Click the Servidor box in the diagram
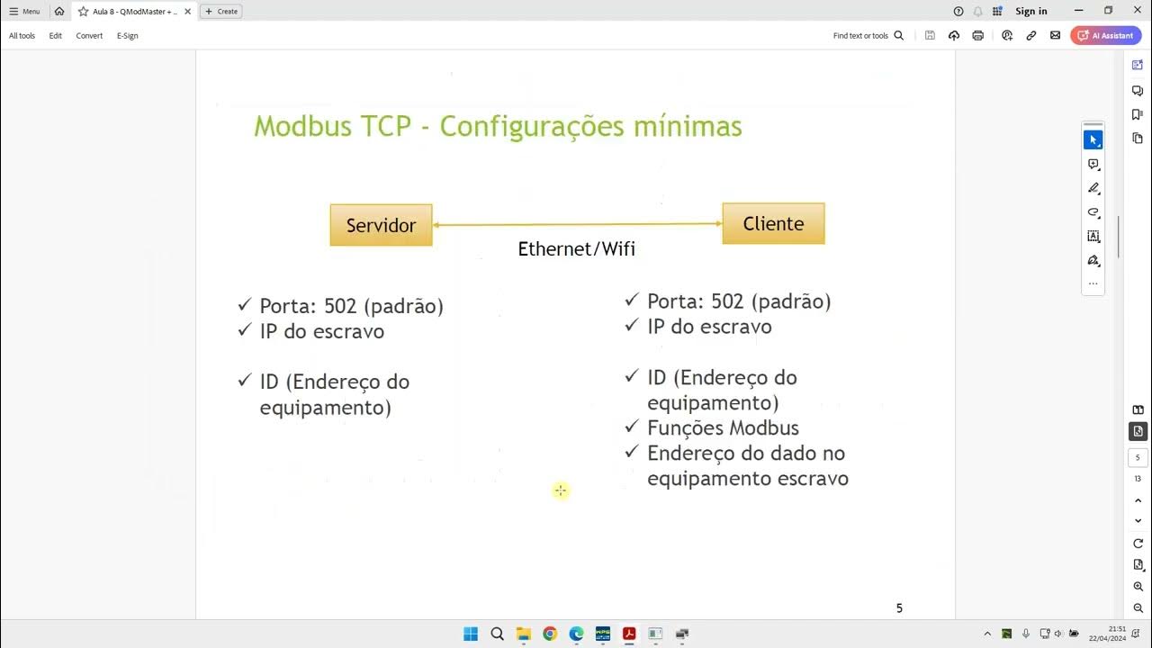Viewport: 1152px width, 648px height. tap(381, 225)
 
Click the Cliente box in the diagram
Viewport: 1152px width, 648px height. tap(773, 223)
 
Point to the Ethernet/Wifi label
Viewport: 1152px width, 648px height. tap(576, 249)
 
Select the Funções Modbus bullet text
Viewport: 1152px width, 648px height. tap(723, 427)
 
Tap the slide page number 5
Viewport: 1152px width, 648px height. tap(898, 608)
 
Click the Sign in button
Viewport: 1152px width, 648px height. tap(1030, 11)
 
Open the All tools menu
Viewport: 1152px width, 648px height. tap(22, 36)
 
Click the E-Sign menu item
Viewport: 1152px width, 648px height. tap(127, 36)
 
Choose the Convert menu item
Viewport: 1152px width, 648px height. tap(89, 36)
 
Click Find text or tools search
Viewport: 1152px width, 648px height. tap(868, 36)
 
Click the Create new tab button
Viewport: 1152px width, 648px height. tap(221, 12)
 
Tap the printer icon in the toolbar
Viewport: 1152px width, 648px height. tap(978, 36)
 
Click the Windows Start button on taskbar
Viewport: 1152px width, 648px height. tap(471, 634)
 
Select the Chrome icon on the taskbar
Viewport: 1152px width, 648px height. tap(550, 634)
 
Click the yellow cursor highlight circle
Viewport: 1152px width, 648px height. tap(561, 490)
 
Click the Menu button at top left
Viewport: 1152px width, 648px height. tap(25, 12)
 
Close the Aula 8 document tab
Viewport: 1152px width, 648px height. tap(187, 12)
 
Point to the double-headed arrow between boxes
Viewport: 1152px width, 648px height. tap(577, 225)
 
